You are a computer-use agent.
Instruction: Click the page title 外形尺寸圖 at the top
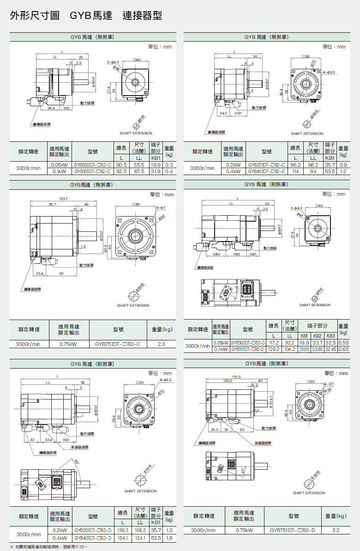35,16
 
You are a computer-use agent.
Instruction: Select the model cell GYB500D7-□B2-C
93,165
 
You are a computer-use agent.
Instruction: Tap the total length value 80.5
121,165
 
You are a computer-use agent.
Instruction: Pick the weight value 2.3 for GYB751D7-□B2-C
162,344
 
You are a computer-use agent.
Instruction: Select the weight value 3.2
336,530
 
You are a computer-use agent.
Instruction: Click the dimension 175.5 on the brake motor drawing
237,376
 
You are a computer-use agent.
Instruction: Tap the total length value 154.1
122,538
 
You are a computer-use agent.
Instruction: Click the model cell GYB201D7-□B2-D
92,530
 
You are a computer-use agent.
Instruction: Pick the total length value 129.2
274,350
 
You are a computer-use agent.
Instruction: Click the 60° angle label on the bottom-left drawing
77,460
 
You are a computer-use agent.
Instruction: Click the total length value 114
295,171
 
